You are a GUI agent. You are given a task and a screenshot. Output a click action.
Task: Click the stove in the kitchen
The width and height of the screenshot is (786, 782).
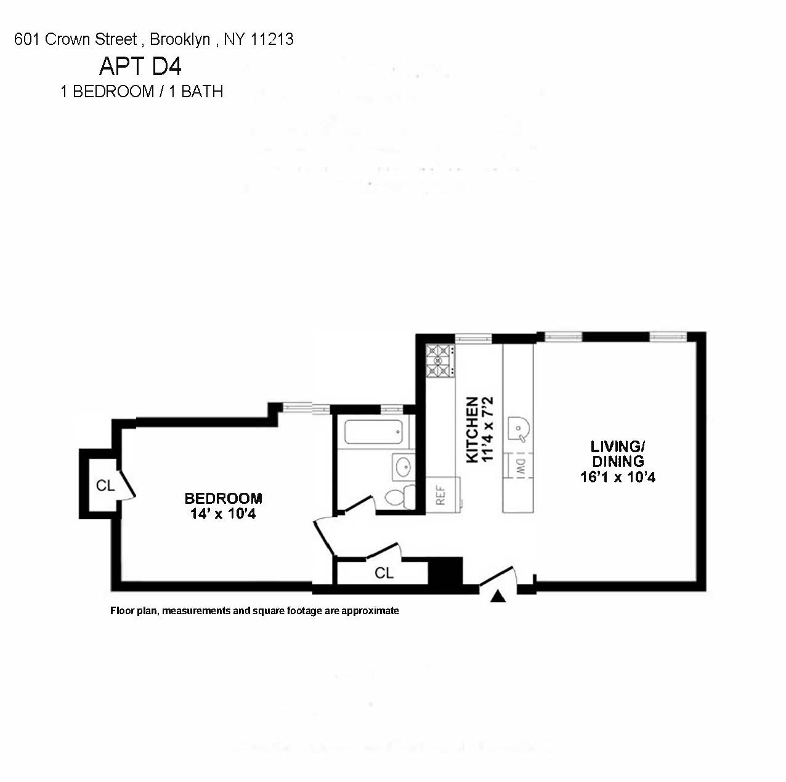pos(441,361)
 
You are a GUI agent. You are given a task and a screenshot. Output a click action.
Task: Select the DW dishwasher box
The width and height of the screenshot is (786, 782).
pos(519,466)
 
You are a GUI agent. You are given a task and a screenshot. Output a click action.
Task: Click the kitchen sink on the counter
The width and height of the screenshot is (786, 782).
pos(518,429)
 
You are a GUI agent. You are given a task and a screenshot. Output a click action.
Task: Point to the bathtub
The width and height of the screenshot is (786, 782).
pos(373,432)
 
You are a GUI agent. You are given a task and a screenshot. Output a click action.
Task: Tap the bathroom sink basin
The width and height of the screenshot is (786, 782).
pos(403,468)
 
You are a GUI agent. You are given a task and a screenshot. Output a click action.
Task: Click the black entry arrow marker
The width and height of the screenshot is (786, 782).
pos(498,596)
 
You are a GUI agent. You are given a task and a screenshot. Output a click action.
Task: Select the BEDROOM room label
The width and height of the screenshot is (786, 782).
pos(223,498)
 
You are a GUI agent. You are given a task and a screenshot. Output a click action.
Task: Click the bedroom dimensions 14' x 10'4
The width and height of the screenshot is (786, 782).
pos(223,514)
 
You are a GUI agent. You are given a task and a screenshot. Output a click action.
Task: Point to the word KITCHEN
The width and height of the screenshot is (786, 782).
pos(472,429)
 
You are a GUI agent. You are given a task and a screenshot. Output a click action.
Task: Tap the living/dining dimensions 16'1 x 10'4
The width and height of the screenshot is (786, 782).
pos(618,477)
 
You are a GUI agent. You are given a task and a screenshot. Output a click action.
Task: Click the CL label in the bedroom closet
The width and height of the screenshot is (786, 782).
pos(105,485)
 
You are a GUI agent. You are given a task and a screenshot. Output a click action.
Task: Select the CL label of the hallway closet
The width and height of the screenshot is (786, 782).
pos(384,573)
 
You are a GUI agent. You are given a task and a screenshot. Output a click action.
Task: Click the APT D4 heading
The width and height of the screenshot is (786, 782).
pos(140,66)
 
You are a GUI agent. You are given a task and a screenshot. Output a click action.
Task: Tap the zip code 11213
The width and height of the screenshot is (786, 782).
pos(272,39)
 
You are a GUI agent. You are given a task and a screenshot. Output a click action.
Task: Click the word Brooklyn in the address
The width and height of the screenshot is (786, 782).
pos(180,39)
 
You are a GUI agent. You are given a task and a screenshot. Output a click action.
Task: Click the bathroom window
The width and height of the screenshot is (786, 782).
pos(392,409)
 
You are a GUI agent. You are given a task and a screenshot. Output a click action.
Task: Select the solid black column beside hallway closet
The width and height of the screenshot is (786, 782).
pos(445,572)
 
